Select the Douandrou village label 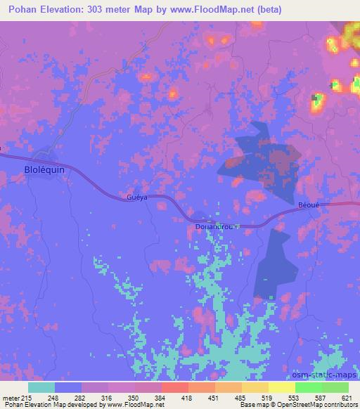215,227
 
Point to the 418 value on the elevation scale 187,397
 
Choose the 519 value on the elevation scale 265,397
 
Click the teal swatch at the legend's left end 41,387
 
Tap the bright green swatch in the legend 308,387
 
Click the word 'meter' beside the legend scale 9,397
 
